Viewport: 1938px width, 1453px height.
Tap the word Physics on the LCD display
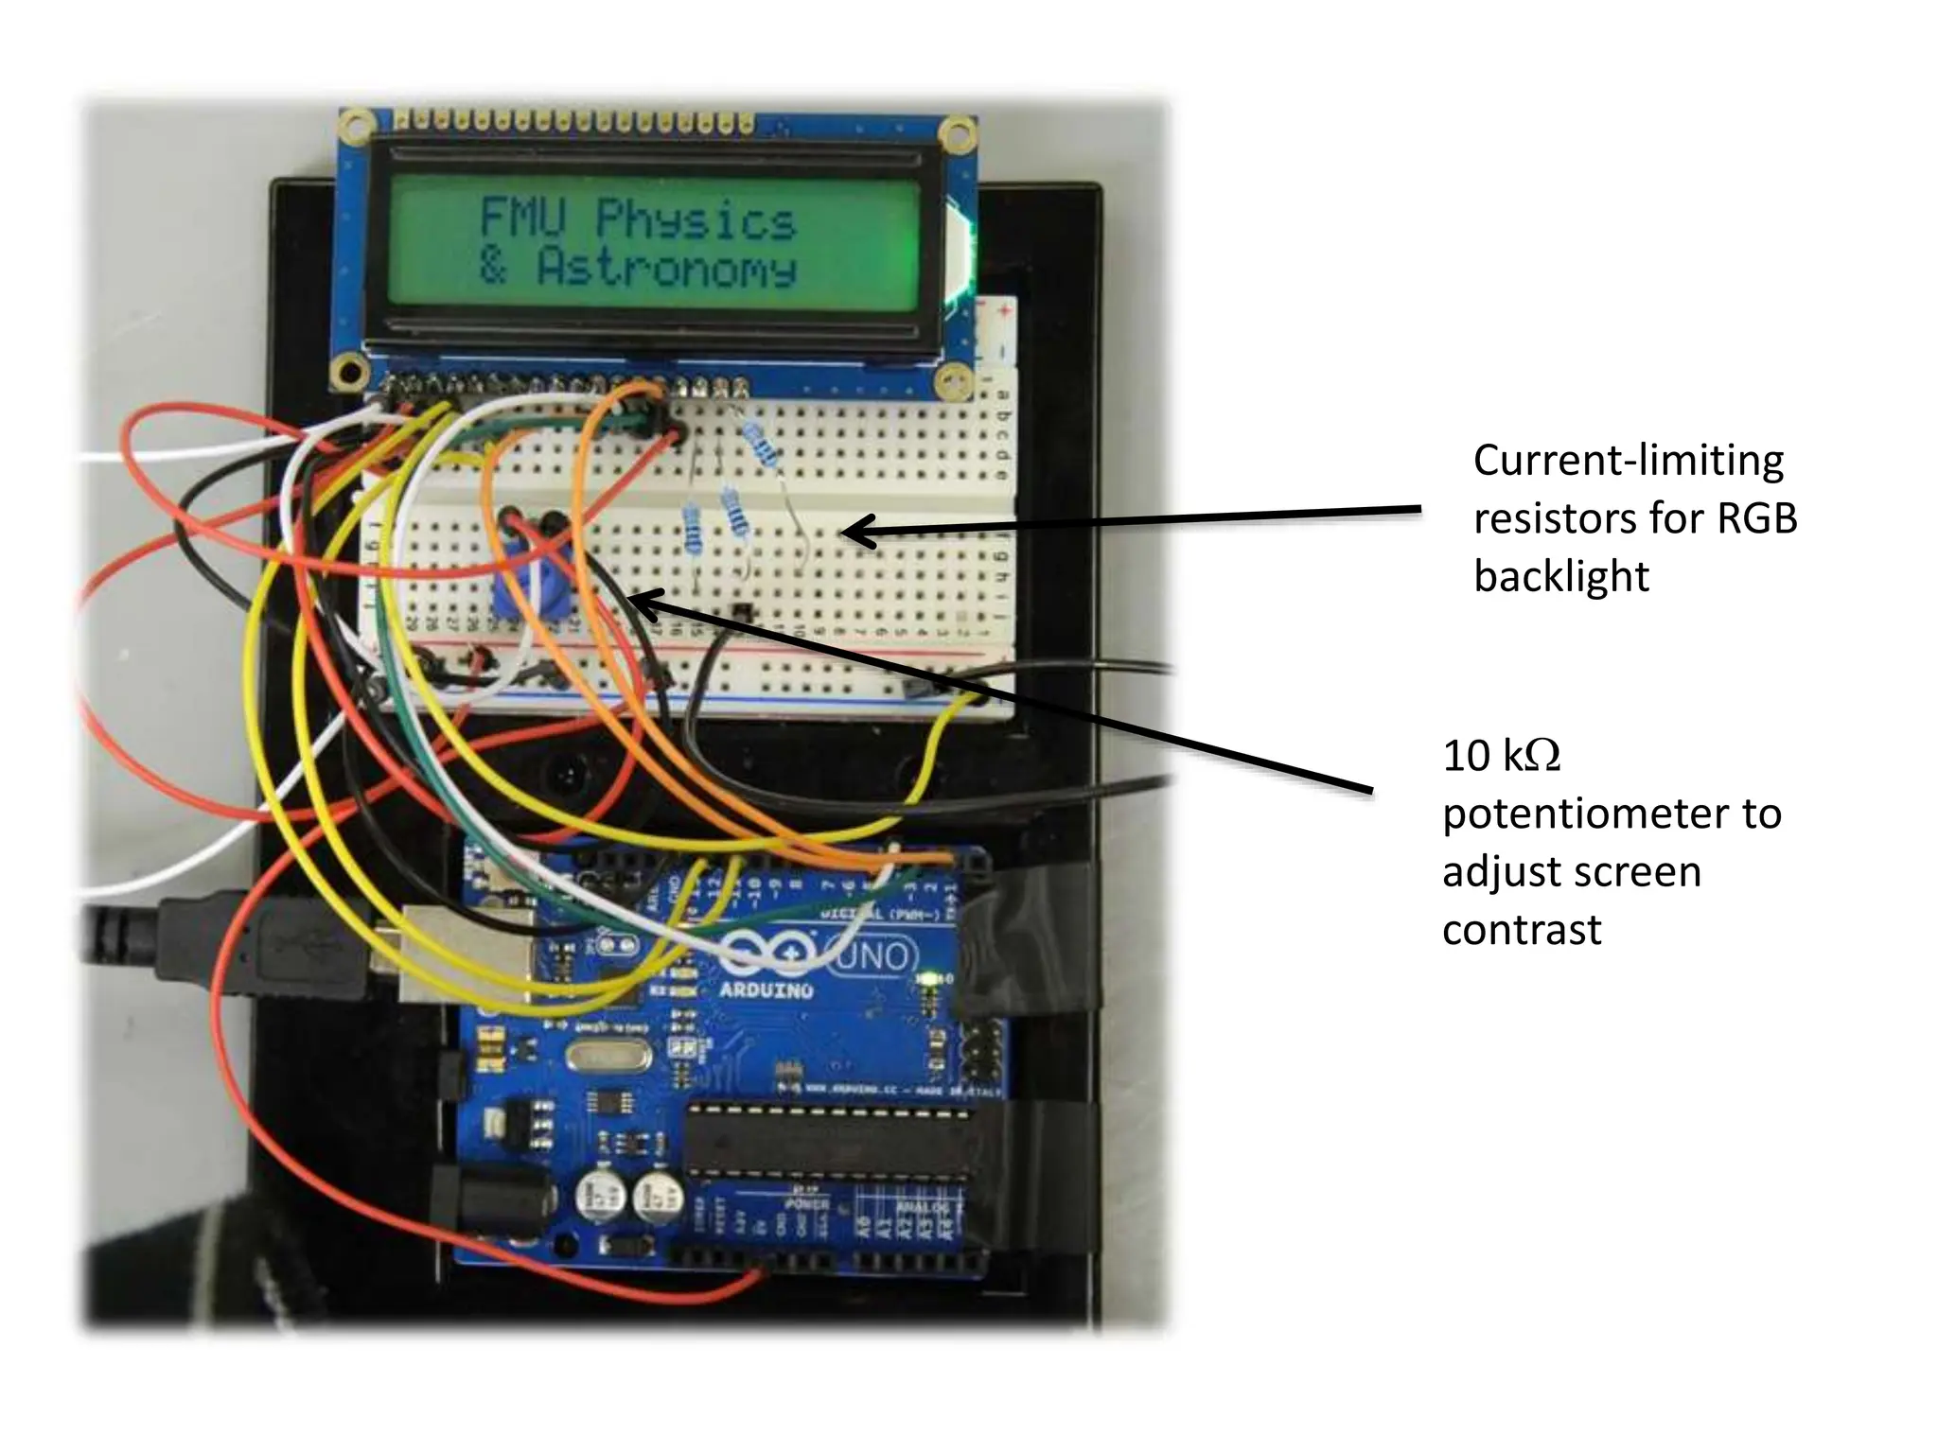[696, 220]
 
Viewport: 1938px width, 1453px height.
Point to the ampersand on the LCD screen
[492, 266]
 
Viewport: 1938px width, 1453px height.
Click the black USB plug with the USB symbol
[284, 946]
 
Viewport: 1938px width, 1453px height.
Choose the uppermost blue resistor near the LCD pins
[762, 445]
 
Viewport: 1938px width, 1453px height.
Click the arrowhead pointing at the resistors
[852, 532]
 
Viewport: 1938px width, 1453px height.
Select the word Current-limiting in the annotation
[1628, 461]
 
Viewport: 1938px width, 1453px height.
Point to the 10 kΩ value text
[1502, 757]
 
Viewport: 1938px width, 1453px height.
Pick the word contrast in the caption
[1522, 930]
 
